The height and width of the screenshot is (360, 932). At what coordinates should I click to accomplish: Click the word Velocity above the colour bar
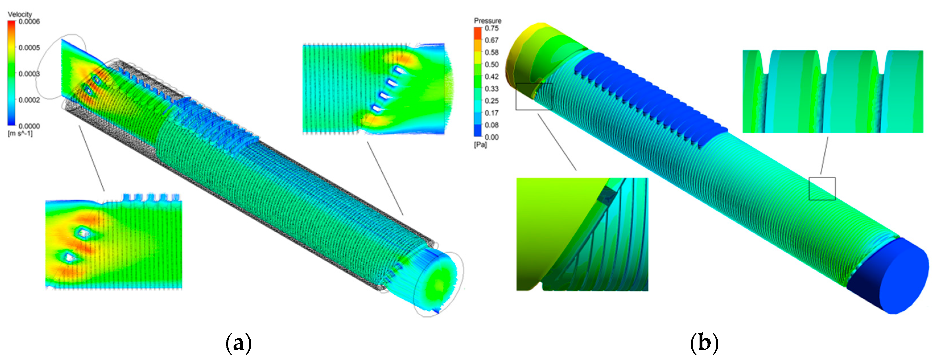[20, 14]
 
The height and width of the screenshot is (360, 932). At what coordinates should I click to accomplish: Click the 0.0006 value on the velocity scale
[29, 21]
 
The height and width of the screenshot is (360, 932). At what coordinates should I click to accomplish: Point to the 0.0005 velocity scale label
[29, 48]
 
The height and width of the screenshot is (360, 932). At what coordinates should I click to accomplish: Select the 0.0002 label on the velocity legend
[29, 100]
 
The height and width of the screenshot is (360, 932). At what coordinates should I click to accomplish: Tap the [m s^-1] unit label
[20, 133]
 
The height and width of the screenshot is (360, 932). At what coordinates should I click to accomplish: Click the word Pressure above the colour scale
[488, 20]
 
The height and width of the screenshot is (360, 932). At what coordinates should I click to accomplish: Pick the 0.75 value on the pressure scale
[492, 28]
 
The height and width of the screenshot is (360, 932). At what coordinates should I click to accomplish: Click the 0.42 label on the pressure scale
[492, 76]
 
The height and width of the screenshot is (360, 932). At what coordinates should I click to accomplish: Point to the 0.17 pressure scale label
[492, 113]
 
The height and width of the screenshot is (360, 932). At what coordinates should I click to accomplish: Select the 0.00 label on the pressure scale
[492, 137]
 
